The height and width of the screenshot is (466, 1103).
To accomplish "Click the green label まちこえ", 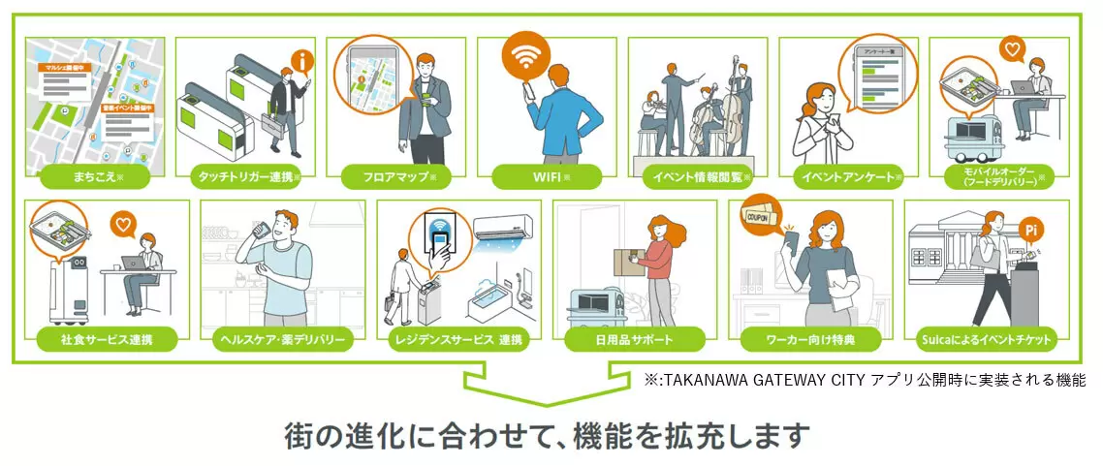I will pyautogui.click(x=94, y=177).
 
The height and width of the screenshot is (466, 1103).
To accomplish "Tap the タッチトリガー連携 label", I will pyautogui.click(x=246, y=177).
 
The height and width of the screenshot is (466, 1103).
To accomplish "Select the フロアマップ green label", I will pyautogui.click(x=396, y=177).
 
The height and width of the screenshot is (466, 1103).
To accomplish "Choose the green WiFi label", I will pyautogui.click(x=547, y=177).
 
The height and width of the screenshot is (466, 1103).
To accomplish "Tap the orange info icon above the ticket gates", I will pyautogui.click(x=304, y=62).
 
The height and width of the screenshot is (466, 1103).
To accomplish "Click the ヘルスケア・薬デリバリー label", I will pyautogui.click(x=282, y=339).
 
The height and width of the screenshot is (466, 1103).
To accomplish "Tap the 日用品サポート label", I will pyautogui.click(x=634, y=339).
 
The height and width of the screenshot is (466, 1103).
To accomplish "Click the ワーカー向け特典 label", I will pyautogui.click(x=810, y=339).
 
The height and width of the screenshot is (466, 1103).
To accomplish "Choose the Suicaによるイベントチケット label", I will pyautogui.click(x=985, y=339).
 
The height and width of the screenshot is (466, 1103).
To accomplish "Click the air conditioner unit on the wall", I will pyautogui.click(x=506, y=230).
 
